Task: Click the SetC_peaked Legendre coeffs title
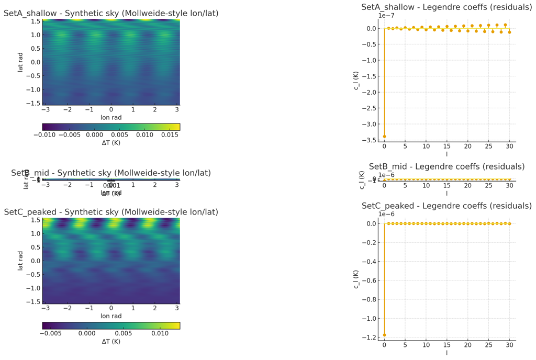(446, 206)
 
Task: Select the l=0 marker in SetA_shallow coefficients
(384, 137)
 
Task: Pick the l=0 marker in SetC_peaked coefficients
(384, 335)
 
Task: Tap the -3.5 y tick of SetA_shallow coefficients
(370, 140)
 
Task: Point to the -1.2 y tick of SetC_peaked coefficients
(370, 337)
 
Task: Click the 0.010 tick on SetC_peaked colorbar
(159, 333)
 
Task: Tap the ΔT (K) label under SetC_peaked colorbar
(111, 342)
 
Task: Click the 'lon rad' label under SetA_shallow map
(111, 118)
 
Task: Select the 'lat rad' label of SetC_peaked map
(20, 261)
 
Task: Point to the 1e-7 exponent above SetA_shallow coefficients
(385, 16)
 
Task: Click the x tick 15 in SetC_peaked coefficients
(446, 345)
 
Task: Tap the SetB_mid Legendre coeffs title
(446, 167)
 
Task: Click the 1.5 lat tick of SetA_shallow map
(35, 21)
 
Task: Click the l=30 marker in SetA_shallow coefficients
(509, 32)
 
